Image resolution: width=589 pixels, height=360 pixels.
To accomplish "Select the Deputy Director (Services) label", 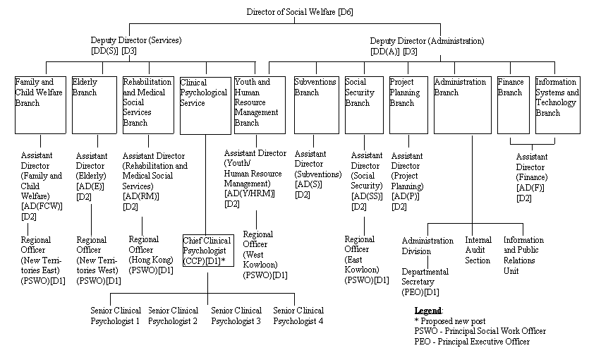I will tap(136, 46).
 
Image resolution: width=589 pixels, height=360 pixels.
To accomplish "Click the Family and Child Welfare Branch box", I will tap(40, 104).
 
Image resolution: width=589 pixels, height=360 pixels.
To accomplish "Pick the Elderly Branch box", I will tap(93, 104).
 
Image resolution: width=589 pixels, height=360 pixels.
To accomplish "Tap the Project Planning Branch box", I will tap(408, 104).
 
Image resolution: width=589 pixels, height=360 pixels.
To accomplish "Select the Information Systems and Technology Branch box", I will tap(557, 104).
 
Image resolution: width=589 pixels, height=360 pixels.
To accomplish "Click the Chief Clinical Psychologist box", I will tap(207, 250).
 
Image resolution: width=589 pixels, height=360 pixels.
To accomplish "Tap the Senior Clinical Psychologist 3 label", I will tap(236, 316).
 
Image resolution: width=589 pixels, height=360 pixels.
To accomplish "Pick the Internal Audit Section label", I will tap(478, 251).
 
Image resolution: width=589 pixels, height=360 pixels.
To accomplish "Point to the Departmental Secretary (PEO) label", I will tap(425, 282).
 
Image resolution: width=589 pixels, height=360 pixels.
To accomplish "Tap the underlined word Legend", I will tap(428, 311).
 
